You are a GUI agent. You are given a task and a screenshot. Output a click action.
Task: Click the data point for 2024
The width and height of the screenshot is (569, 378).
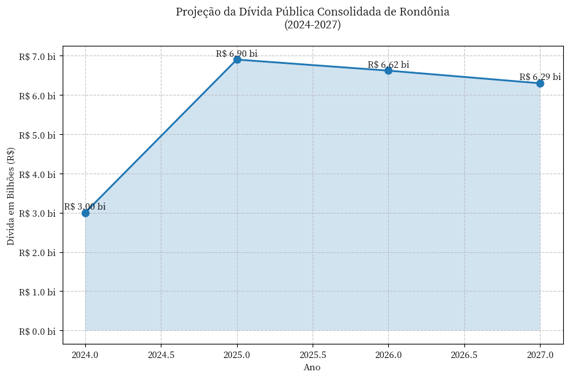[85, 213]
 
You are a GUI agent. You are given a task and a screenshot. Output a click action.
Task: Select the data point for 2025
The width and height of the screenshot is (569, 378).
[237, 59]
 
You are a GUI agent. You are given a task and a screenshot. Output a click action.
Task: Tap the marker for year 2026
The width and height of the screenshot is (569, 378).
[388, 70]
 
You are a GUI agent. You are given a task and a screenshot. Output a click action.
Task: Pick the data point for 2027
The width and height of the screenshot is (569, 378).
[540, 83]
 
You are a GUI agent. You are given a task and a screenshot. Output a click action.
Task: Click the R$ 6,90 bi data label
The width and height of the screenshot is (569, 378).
[236, 54]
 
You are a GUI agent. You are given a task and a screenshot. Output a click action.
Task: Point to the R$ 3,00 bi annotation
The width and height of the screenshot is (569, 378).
[85, 206]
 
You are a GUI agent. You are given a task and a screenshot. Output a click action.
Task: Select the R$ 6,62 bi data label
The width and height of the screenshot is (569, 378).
[388, 65]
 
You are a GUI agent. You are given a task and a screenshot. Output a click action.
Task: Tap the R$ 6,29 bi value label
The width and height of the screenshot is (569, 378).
[540, 77]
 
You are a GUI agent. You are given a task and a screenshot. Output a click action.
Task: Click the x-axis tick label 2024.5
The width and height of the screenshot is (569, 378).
[161, 355]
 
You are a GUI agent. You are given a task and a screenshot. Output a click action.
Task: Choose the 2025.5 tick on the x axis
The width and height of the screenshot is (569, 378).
[313, 355]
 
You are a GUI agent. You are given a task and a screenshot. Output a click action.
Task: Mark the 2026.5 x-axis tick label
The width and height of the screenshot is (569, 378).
[464, 355]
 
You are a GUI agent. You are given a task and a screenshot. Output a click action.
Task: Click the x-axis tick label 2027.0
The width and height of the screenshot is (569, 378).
[540, 355]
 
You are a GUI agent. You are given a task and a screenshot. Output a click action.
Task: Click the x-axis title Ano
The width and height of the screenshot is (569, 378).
[312, 368]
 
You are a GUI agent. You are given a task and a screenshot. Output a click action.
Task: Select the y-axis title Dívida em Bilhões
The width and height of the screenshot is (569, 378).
[11, 196]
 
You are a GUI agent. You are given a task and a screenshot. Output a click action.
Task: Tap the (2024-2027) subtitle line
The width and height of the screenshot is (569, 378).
[313, 25]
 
